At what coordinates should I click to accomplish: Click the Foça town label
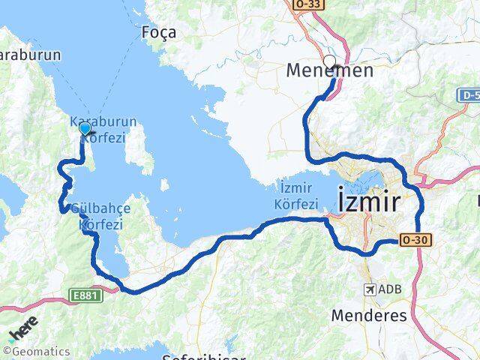[158, 32]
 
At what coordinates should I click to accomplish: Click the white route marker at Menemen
[329, 61]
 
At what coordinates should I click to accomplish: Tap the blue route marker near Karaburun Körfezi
[85, 129]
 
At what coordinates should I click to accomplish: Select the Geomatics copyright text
[37, 351]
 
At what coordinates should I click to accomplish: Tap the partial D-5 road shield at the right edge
[469, 96]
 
